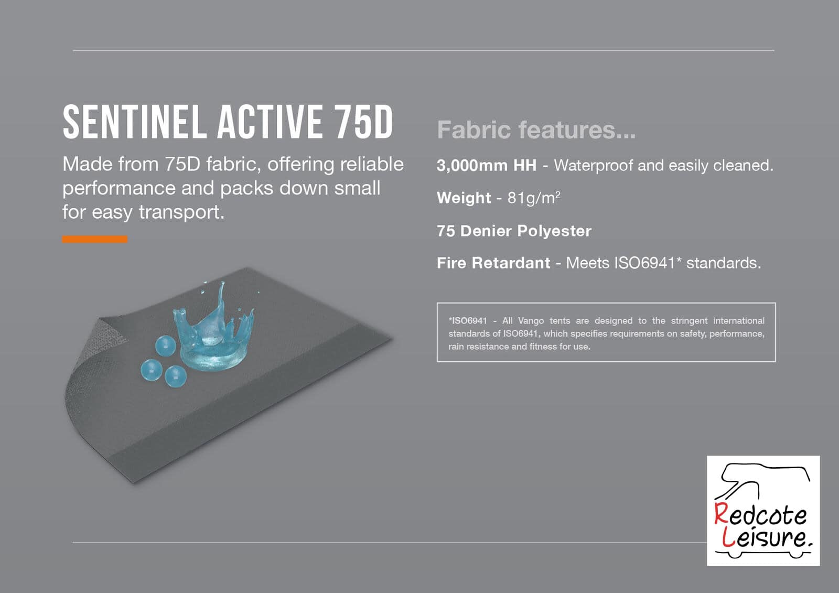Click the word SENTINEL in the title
135,122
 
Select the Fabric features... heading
536,130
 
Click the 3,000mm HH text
487,165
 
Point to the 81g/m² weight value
534,198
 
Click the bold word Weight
464,198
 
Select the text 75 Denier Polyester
514,231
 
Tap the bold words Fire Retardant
493,263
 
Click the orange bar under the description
95,239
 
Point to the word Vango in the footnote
531,321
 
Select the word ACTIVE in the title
270,122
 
